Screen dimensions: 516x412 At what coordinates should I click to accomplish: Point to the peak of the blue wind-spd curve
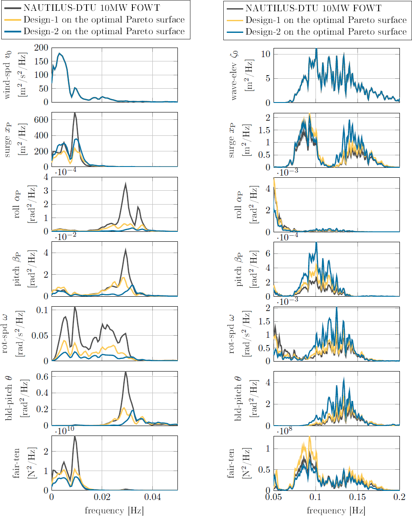[x=59, y=53]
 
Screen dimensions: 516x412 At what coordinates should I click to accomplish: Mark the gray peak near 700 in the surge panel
[x=74, y=113]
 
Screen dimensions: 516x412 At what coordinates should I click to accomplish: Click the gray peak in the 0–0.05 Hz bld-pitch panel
[x=126, y=372]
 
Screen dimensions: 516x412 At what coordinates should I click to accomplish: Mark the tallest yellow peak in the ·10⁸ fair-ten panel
[x=309, y=437]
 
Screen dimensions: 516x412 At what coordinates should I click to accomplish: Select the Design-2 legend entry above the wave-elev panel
[x=325, y=32]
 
